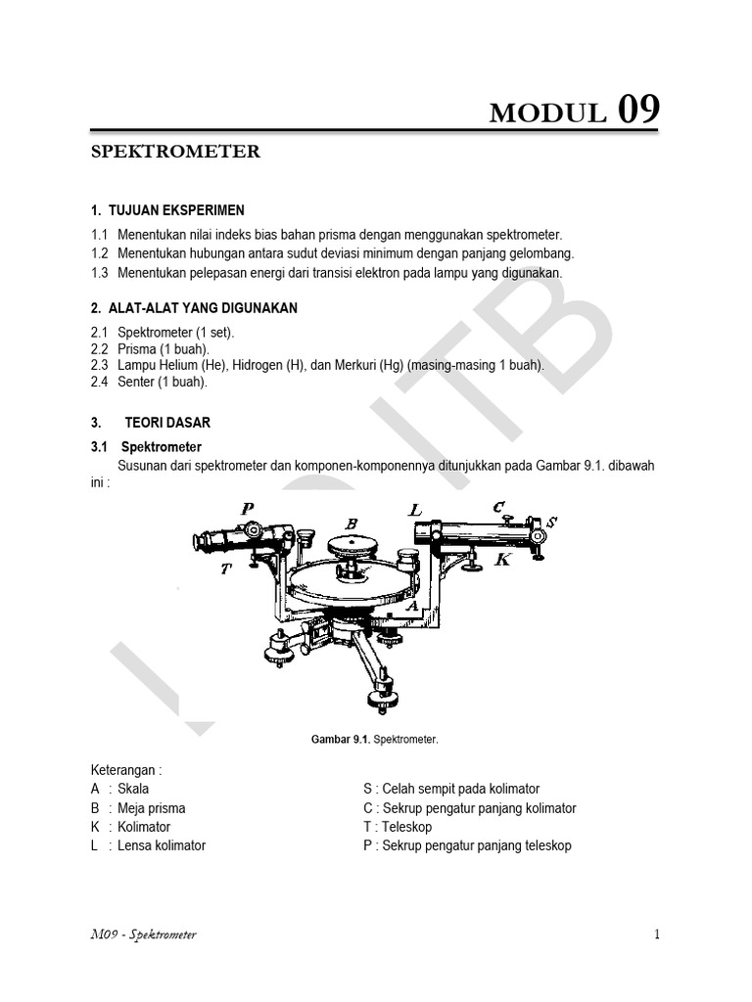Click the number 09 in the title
click(x=637, y=111)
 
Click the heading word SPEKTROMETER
click(x=175, y=152)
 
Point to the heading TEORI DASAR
click(x=167, y=423)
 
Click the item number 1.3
click(x=99, y=273)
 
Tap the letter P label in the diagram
click(x=247, y=508)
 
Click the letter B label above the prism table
click(x=352, y=524)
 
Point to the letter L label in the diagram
click(x=415, y=510)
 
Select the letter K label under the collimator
click(x=502, y=560)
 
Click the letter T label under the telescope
click(x=226, y=569)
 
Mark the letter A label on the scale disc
click(x=412, y=607)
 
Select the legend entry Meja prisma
click(x=152, y=808)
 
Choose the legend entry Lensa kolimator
click(x=162, y=845)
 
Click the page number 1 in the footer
click(x=657, y=934)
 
